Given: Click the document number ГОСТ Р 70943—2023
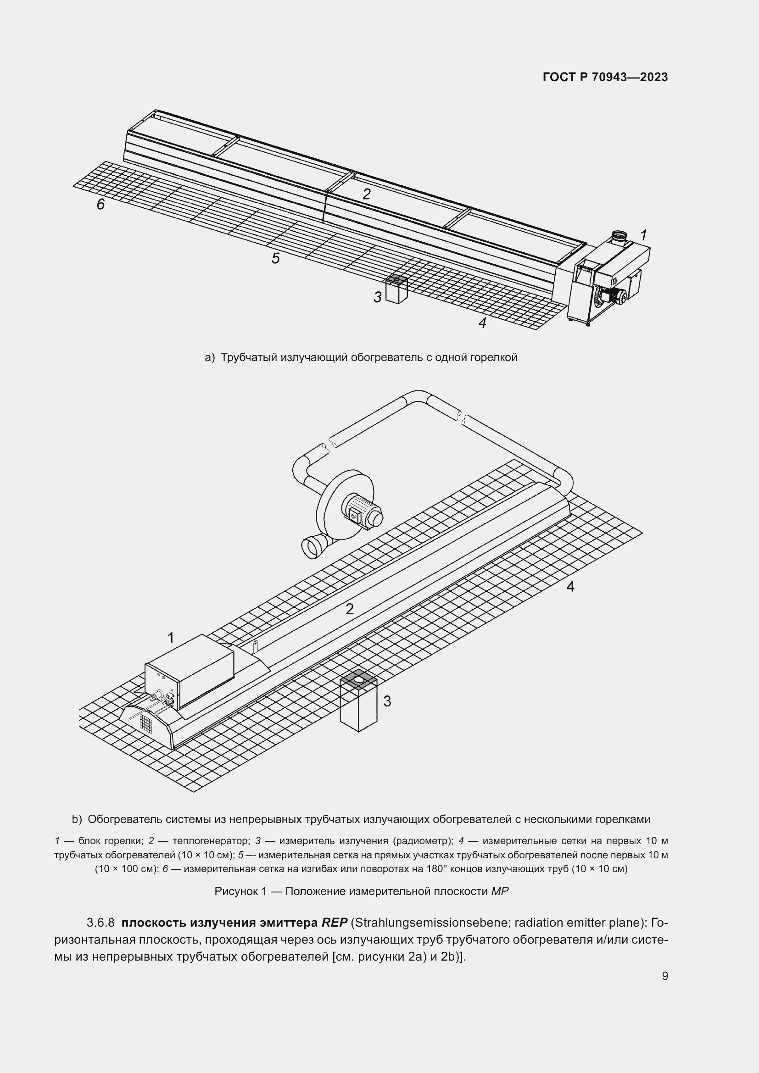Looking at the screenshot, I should click(605, 77).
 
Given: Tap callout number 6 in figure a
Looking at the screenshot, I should click(100, 204).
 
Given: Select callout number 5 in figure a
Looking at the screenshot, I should click(275, 258).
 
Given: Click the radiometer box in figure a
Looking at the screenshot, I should click(396, 291).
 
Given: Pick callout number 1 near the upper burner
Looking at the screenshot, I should click(643, 235).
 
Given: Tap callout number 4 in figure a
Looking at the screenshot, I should click(482, 322).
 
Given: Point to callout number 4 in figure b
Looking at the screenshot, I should click(570, 587).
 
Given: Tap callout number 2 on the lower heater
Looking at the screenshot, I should click(350, 609).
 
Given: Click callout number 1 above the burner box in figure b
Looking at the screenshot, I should click(171, 638).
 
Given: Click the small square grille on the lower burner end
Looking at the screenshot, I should click(146, 725).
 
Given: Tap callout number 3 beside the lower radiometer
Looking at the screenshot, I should click(387, 701).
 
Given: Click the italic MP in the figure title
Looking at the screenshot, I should click(499, 891).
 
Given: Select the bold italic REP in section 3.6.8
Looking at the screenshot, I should click(334, 923).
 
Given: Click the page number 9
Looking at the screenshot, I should click(664, 976).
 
